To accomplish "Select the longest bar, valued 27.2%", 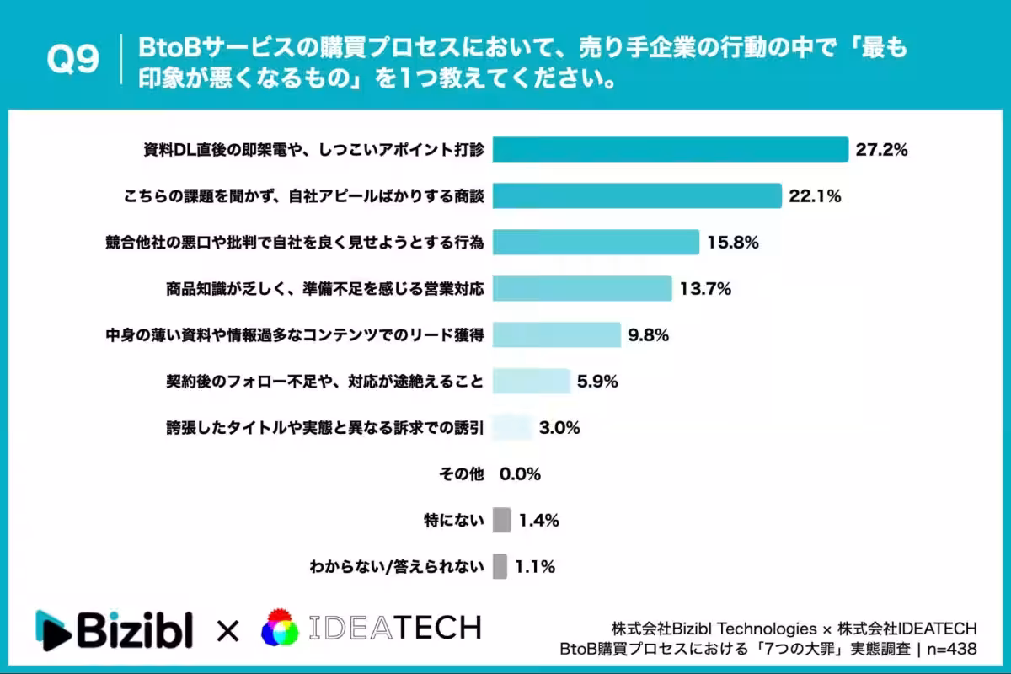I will click(x=670, y=150).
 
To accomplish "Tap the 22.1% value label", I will click(x=815, y=196).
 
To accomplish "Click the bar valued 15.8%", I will click(x=596, y=243).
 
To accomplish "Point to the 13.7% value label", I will click(x=704, y=289).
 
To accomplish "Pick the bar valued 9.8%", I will click(x=556, y=335).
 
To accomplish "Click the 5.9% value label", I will click(x=597, y=381).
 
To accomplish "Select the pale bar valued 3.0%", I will click(x=512, y=427).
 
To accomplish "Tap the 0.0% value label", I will click(x=520, y=473).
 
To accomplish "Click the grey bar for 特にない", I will click(x=501, y=520).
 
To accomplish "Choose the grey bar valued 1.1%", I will click(x=500, y=566).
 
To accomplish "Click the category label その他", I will click(x=463, y=473).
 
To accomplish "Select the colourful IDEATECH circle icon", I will click(x=281, y=629).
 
